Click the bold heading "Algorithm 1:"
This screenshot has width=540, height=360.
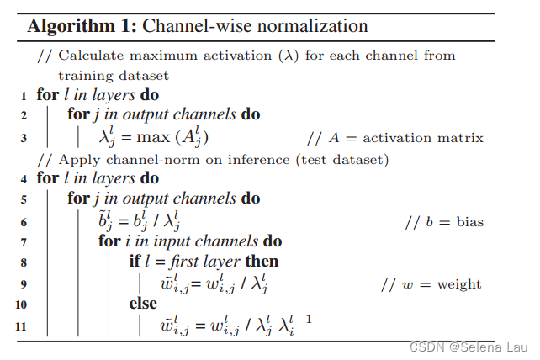pyautogui.click(x=81, y=25)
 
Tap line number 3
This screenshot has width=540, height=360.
pyautogui.click(x=24, y=136)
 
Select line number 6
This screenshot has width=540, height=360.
pyautogui.click(x=24, y=221)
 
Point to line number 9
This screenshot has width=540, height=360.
pyautogui.click(x=24, y=283)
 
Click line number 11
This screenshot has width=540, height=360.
pyautogui.click(x=22, y=326)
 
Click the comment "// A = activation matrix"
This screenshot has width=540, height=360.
pyautogui.click(x=395, y=137)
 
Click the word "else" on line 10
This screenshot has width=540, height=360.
pyautogui.click(x=143, y=304)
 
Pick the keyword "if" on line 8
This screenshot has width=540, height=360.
pyautogui.click(x=135, y=262)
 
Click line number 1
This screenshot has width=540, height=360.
pyautogui.click(x=24, y=95)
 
